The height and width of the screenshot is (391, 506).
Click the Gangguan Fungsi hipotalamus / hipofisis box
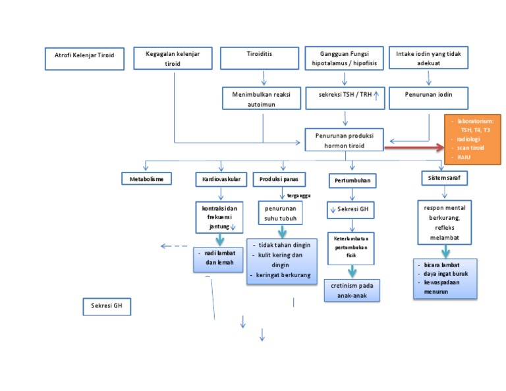tap(345, 58)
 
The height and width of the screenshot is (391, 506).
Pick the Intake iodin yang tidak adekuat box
tap(429, 58)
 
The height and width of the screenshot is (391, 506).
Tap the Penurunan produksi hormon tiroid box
tap(345, 140)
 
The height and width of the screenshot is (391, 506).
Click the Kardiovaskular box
tap(221, 178)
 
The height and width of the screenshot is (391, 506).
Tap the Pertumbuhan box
tap(352, 180)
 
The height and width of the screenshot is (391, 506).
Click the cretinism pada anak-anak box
tap(352, 290)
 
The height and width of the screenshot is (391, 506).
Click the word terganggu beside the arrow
tap(298, 195)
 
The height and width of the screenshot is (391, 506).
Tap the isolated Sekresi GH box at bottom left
tap(107, 306)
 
